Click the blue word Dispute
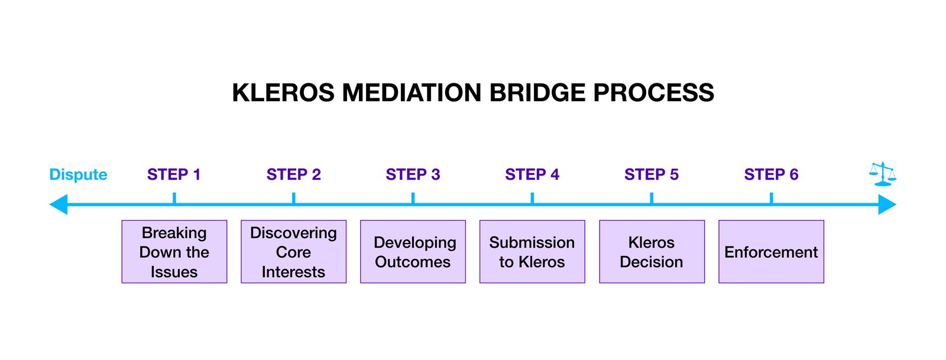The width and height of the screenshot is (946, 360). point(78,175)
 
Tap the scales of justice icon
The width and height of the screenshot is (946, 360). point(883,174)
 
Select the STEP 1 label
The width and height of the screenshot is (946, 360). point(174,174)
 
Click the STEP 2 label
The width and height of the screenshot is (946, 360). point(293,174)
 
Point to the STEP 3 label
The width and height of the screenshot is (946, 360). point(413,174)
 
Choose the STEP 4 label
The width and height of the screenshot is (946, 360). point(532,174)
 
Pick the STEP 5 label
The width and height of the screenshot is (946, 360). point(652,174)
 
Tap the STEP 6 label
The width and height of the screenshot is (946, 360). point(771,174)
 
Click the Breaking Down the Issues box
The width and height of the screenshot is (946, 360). point(174,252)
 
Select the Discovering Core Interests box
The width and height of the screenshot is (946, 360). point(293,252)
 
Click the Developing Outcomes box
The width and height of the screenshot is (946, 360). point(413,252)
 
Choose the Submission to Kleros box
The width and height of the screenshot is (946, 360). point(532,252)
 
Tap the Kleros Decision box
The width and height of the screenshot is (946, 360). point(652,252)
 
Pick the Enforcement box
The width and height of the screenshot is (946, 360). point(771,252)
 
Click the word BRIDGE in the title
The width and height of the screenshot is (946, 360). point(537,93)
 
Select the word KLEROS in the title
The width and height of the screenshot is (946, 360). point(283,93)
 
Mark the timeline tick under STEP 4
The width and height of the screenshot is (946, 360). point(532,198)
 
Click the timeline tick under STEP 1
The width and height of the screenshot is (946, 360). point(174,198)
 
